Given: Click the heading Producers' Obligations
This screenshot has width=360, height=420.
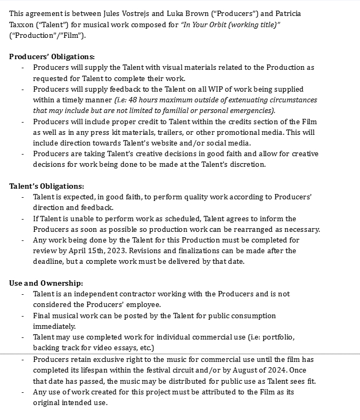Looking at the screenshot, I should (52, 56).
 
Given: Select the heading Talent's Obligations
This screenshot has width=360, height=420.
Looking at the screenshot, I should (46, 186).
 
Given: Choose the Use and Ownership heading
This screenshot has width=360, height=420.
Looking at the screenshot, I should (46, 283).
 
